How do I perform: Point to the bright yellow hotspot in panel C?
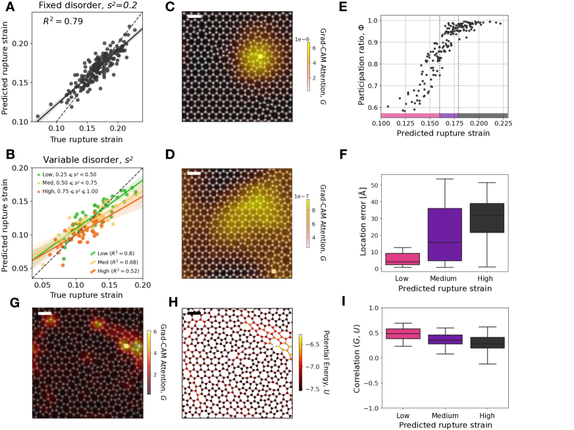[261, 57]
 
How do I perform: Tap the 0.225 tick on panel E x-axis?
[502, 123]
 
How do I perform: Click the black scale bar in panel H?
[194, 314]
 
